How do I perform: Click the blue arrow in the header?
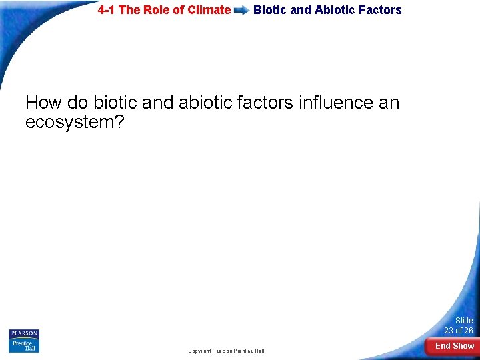tap(242, 11)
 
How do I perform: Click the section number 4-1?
tap(109, 10)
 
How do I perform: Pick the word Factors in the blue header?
tap(381, 10)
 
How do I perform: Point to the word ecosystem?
tap(75, 123)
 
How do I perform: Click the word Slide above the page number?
tap(463, 321)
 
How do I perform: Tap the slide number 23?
tap(450, 331)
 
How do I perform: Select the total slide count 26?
tap(468, 331)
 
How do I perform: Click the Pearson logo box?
tap(24, 333)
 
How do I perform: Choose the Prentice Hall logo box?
tap(24, 345)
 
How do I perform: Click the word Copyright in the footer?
tap(199, 351)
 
